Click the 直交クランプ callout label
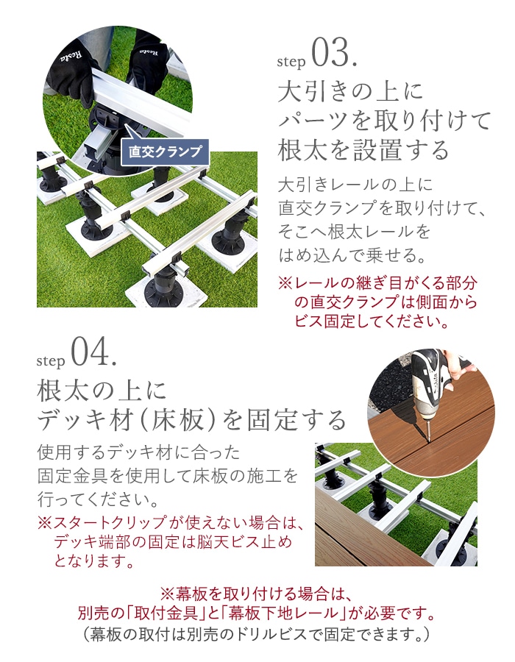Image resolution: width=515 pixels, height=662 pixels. click(x=165, y=152)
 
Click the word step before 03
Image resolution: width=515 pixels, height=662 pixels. click(x=291, y=62)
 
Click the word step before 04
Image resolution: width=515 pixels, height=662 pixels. click(x=51, y=361)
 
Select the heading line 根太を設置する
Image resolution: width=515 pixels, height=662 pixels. click(x=363, y=150)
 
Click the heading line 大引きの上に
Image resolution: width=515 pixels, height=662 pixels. click(x=350, y=92)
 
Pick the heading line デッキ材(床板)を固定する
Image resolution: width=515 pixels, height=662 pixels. click(x=191, y=420)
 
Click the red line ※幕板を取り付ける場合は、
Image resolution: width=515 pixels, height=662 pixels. click(x=257, y=594)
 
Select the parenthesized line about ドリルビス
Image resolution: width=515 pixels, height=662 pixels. click(x=257, y=634)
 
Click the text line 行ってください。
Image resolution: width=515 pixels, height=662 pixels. click(x=99, y=499)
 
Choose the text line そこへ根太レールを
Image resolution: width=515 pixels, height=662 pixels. click(x=354, y=232)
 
